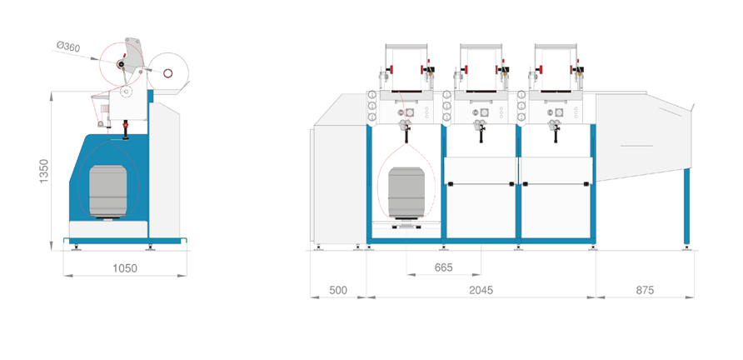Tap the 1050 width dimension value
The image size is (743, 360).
click(x=124, y=268)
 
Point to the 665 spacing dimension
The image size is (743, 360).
click(x=443, y=267)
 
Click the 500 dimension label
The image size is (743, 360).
click(x=337, y=290)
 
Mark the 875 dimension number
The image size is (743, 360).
click(x=645, y=290)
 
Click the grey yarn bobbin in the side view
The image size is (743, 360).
click(x=107, y=188)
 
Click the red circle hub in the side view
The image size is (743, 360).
click(x=122, y=65)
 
